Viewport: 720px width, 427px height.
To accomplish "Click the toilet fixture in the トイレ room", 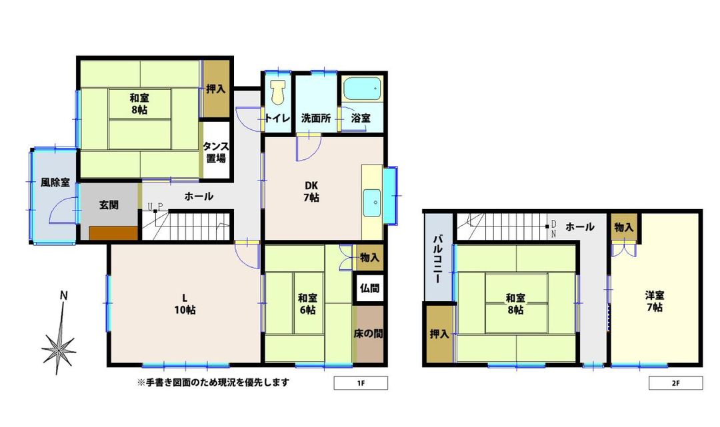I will [278, 93].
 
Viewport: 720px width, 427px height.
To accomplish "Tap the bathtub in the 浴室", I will [361, 89].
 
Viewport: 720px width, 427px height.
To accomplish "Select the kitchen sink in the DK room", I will [372, 200].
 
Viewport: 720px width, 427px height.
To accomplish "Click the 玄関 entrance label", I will [109, 205].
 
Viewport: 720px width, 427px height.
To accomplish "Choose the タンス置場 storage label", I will [216, 153].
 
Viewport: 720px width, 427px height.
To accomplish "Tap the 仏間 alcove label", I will [369, 289].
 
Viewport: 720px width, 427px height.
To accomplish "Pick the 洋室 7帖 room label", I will [654, 301].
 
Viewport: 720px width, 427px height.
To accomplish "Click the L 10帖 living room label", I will [185, 303].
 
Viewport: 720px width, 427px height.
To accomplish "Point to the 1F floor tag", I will [360, 384].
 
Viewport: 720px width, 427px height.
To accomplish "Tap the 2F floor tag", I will [675, 384].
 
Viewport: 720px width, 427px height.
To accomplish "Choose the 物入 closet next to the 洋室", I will [625, 227].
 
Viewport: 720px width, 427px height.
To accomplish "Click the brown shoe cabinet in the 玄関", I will [113, 232].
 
